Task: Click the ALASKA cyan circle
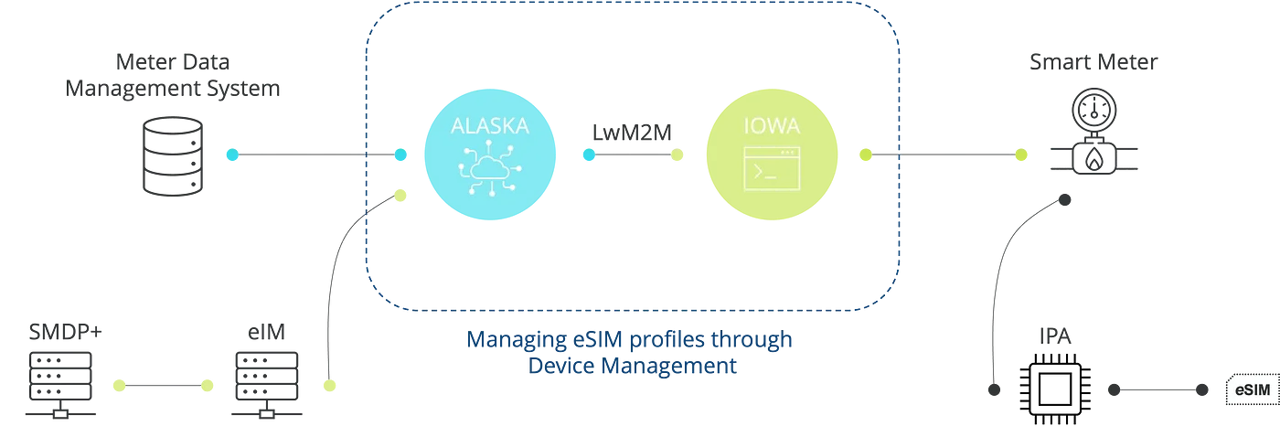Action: (490, 154)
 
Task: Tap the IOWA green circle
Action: (773, 154)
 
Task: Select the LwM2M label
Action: (632, 133)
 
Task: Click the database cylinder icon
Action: (171, 155)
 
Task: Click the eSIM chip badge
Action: (1252, 390)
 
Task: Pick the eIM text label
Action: (265, 332)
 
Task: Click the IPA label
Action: (1054, 336)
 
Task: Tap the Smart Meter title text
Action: (1093, 62)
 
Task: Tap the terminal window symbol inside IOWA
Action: (773, 167)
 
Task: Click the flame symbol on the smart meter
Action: (1093, 159)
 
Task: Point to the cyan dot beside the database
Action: (232, 155)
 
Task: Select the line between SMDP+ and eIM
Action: (163, 387)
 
